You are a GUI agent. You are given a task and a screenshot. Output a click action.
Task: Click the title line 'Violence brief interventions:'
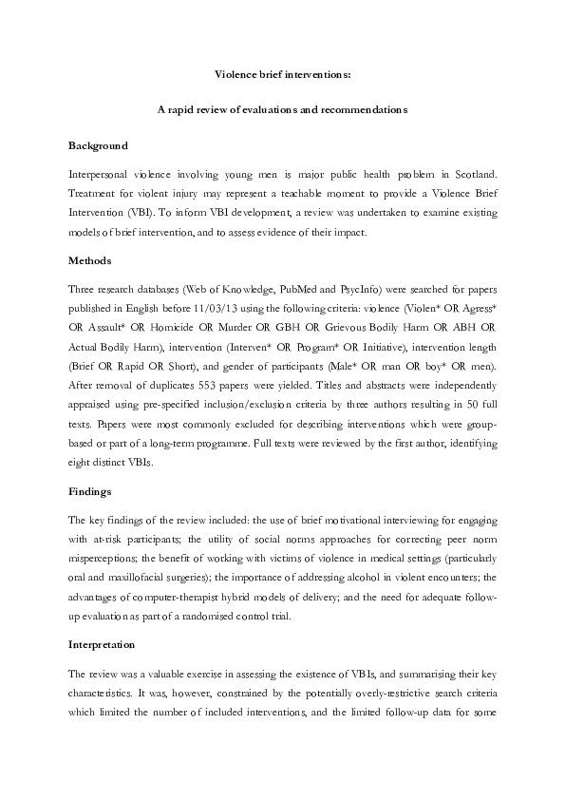(282, 73)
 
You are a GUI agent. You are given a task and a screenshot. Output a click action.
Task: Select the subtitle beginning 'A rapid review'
(282, 109)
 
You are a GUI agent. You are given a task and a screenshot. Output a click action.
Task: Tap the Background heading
(98, 145)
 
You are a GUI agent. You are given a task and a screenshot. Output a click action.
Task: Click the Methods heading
(89, 259)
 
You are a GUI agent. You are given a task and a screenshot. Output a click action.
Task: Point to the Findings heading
(91, 493)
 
